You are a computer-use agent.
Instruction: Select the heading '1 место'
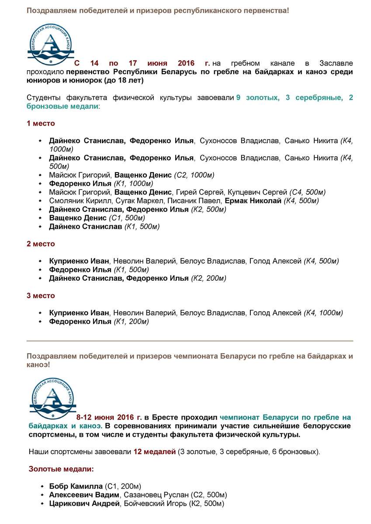tap(41, 124)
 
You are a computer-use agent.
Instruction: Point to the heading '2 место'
tap(41, 244)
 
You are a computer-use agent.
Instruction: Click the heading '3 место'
tap(41, 296)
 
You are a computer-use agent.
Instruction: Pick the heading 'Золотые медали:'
tap(61, 469)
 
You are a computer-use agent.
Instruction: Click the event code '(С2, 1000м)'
tap(194, 175)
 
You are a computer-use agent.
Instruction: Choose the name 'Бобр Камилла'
tap(76, 486)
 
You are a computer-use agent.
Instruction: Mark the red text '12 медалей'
tap(154, 452)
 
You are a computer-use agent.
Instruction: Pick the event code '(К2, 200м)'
tap(208, 278)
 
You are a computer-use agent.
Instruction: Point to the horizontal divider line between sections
tap(190, 341)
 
